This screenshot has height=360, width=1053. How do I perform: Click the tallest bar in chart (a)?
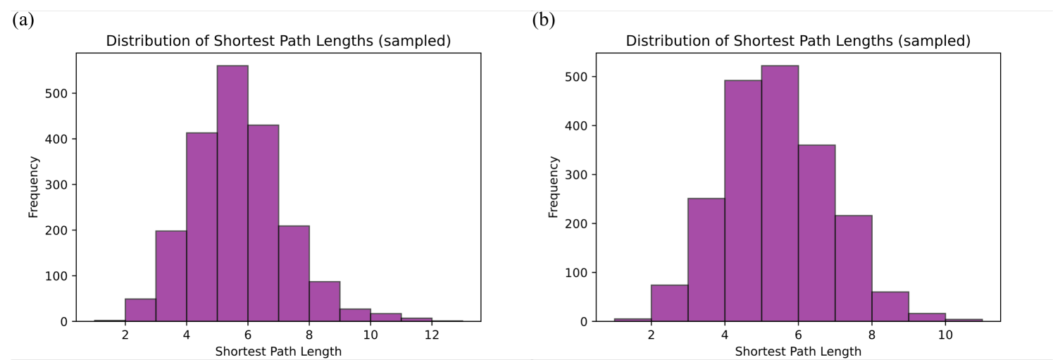click(x=232, y=194)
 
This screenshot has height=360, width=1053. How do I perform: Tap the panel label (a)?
click(x=22, y=20)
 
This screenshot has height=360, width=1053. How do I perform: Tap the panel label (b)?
click(x=543, y=20)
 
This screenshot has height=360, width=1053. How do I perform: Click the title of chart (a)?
click(x=278, y=41)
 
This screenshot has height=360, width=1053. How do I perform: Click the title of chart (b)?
click(x=798, y=41)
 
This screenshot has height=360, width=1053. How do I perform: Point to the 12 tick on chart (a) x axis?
click(x=432, y=336)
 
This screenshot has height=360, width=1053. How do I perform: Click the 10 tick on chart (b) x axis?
click(x=945, y=336)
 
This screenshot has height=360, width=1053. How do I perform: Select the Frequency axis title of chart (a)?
click(x=34, y=187)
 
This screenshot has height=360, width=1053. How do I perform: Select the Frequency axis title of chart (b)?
click(x=554, y=187)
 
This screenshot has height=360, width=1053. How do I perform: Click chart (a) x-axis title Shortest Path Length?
click(x=278, y=351)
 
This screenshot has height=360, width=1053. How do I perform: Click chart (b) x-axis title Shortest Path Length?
click(x=798, y=351)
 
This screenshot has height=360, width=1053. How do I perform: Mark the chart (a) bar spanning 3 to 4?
click(x=171, y=276)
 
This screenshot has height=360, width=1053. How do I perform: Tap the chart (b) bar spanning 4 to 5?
click(x=743, y=201)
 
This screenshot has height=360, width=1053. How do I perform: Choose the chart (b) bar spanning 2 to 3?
click(x=669, y=304)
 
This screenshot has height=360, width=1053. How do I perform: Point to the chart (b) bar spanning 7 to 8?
click(x=854, y=268)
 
